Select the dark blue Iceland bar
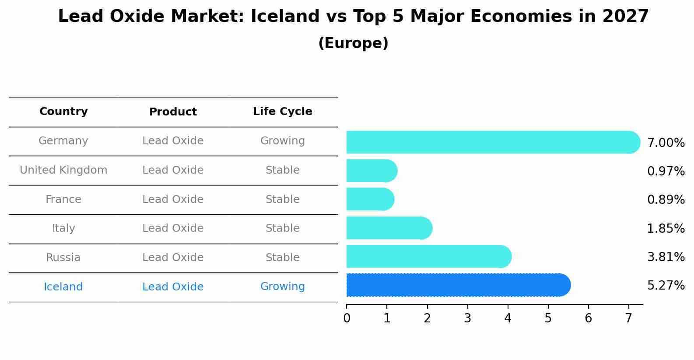coord(457,285)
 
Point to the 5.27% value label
coord(666,286)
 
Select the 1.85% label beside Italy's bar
coord(666,228)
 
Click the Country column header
coord(63,112)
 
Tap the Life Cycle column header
coord(282,112)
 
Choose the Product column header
coord(173,112)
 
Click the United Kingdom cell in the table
coord(63,170)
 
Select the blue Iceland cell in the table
coord(63,287)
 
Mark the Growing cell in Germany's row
coord(282,141)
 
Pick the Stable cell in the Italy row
coord(282,228)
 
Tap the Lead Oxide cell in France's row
coord(173,199)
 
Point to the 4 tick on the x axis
coord(508,318)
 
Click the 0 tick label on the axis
coord(347,318)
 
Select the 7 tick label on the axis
coord(628,318)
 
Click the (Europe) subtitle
coord(353,43)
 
